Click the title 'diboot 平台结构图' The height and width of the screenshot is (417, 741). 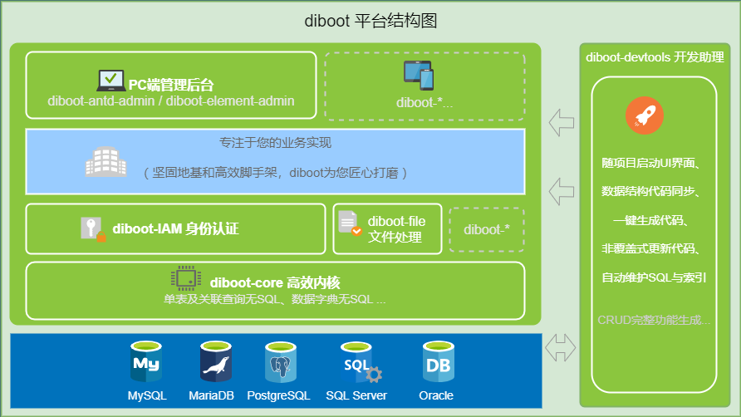click(370, 21)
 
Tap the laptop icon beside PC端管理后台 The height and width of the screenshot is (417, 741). click(110, 81)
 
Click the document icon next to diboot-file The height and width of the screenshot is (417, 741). click(349, 223)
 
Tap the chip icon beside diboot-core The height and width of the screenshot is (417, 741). click(185, 277)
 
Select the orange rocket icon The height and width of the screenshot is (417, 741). click(645, 116)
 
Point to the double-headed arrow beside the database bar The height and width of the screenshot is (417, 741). click(561, 348)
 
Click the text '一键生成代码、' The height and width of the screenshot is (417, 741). click(654, 220)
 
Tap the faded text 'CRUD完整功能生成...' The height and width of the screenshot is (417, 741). click(654, 319)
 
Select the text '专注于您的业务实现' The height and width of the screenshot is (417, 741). click(275, 143)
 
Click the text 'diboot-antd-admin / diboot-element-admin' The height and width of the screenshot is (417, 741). click(171, 101)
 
